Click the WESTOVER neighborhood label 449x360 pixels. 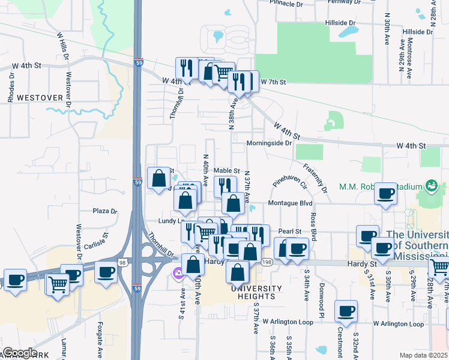[40, 97]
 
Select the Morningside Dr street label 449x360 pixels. [269, 143]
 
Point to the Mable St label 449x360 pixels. [227, 171]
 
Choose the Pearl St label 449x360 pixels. [289, 231]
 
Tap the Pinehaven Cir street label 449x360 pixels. [289, 178]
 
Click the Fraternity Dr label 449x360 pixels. [315, 178]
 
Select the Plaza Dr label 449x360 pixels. [104, 211]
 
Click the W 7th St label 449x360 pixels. [274, 82]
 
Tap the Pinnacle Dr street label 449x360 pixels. [286, 4]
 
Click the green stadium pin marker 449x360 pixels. [430, 185]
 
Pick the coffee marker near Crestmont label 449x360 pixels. [346, 311]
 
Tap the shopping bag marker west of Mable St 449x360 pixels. [159, 178]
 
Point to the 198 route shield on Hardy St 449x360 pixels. [267, 262]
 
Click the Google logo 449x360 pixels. [20, 353]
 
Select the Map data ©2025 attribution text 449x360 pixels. [423, 355]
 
